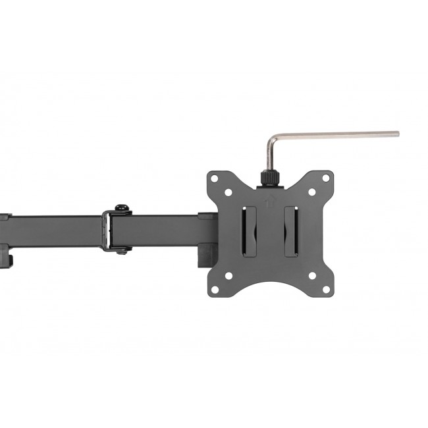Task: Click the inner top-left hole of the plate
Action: (228, 194)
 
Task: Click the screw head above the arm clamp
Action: (120, 208)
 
